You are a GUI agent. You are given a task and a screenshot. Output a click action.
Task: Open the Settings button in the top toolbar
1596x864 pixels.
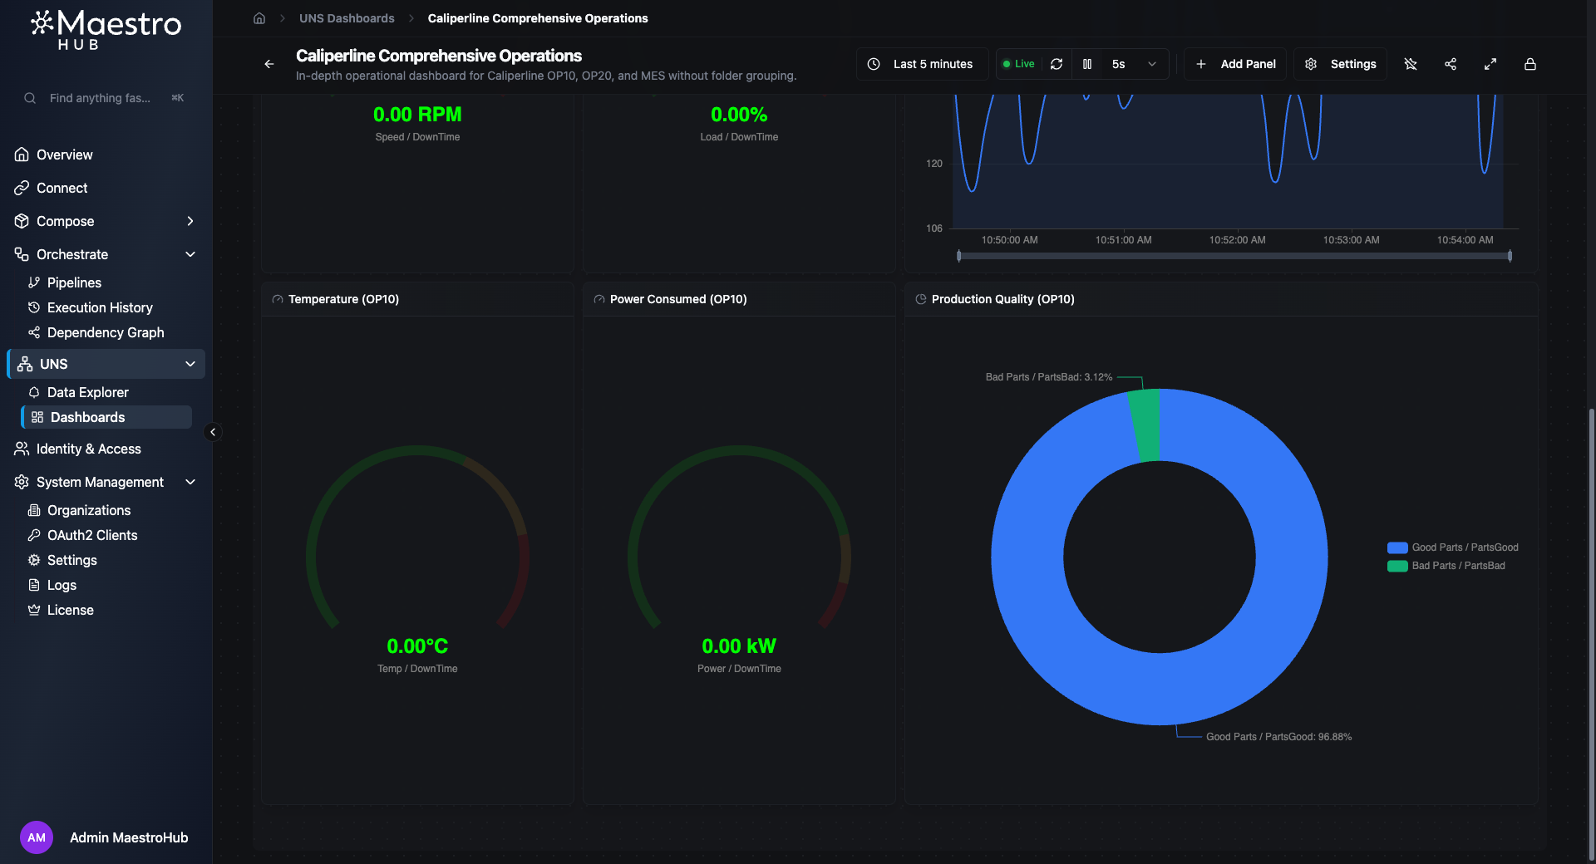pyautogui.click(x=1341, y=64)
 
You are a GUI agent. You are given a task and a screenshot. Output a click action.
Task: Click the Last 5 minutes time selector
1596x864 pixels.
pyautogui.click(x=921, y=64)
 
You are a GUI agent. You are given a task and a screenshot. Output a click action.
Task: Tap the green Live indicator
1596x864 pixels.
pyautogui.click(x=1018, y=64)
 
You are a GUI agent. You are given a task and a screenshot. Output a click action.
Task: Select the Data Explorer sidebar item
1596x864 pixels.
pyautogui.click(x=87, y=392)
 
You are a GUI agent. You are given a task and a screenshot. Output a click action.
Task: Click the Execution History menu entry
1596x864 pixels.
pyautogui.click(x=100, y=307)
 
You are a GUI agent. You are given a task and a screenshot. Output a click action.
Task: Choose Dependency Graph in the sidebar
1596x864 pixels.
pyautogui.click(x=106, y=332)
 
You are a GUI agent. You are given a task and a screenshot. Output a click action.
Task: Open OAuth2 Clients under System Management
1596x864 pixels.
pyautogui.click(x=92, y=535)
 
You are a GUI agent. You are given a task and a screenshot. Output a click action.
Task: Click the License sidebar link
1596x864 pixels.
pyautogui.click(x=70, y=610)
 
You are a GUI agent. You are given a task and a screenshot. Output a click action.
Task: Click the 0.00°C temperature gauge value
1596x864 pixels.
pyautogui.click(x=417, y=646)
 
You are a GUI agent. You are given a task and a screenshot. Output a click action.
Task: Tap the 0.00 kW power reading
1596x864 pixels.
pyautogui.click(x=739, y=646)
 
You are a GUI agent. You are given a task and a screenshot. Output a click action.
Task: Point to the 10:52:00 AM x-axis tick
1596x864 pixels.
pyautogui.click(x=1237, y=240)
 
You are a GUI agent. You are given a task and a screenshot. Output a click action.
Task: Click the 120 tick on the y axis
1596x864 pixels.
pyautogui.click(x=934, y=164)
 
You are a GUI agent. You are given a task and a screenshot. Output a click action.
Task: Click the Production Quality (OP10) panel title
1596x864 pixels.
pyautogui.click(x=1002, y=299)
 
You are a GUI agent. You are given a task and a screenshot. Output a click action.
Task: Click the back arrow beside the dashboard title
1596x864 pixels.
pyautogui.click(x=269, y=64)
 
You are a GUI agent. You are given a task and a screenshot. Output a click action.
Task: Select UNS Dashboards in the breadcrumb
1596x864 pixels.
pyautogui.click(x=347, y=18)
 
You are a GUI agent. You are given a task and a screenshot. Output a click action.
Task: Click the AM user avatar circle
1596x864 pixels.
pyautogui.click(x=37, y=837)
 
